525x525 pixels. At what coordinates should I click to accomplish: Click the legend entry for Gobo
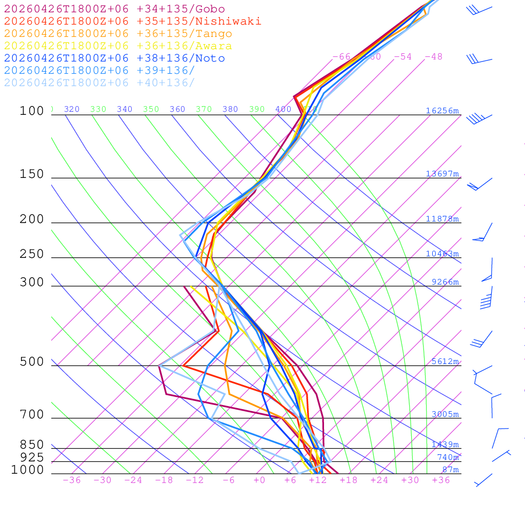point(114,9)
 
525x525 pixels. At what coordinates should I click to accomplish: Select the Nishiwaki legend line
point(132,22)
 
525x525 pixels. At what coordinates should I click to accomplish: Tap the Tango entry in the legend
point(118,34)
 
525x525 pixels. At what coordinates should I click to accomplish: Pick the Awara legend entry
point(118,46)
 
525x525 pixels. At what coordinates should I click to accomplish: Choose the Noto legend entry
point(114,58)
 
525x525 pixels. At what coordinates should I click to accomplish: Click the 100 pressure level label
point(32,111)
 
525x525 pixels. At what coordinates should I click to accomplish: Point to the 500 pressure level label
point(32,362)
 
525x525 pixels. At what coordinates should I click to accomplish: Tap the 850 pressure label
point(32,445)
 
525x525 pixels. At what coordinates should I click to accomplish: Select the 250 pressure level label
point(32,254)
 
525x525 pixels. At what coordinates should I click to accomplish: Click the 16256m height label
point(442,111)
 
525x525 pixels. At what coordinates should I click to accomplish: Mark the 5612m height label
point(445,361)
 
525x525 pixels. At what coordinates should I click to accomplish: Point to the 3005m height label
point(445,414)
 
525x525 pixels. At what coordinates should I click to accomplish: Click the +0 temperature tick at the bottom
point(259,480)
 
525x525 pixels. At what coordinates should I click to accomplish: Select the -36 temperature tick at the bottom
point(71,480)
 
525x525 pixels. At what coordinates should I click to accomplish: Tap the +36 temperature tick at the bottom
point(440,480)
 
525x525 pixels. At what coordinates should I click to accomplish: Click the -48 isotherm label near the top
point(433,57)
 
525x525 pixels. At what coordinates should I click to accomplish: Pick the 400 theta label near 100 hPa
point(283,109)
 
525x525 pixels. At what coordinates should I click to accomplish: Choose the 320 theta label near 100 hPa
point(72,109)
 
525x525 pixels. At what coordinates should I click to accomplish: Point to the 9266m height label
point(445,282)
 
